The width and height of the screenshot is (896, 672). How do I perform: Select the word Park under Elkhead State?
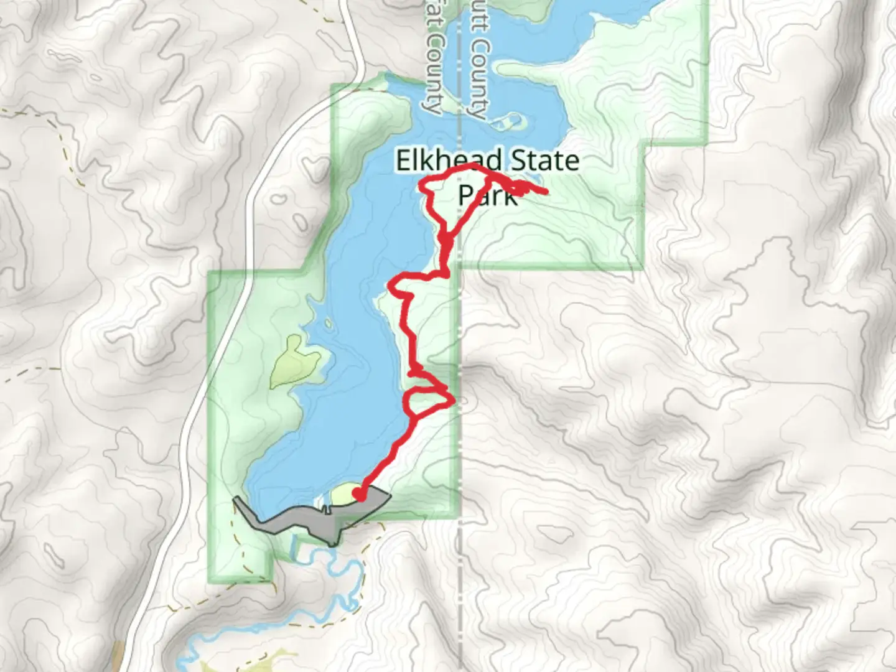coord(487,195)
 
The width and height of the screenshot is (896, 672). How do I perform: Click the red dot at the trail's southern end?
coord(359,495)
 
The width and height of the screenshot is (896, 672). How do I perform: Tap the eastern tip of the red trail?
coord(546,192)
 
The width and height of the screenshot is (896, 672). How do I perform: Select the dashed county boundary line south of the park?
coord(460,591)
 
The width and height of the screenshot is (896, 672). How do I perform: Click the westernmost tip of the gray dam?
coord(235,500)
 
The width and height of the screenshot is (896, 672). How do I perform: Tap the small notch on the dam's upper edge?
coord(325,509)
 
